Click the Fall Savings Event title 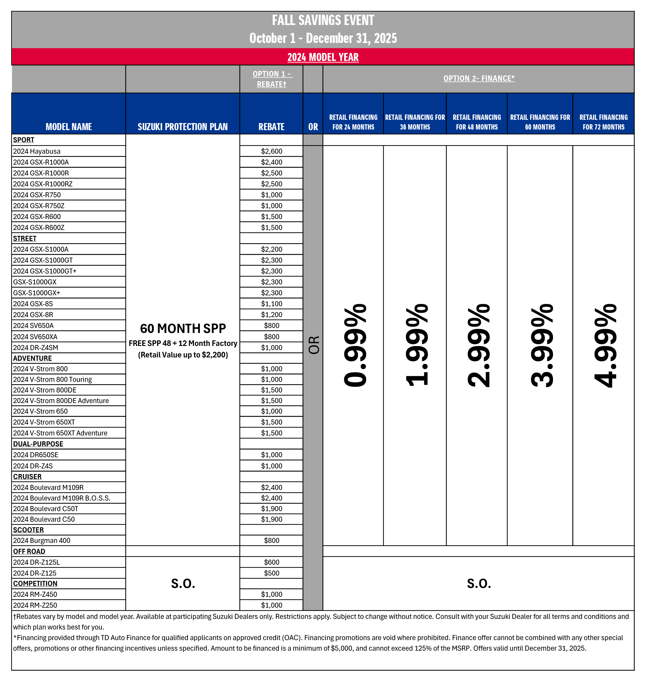323,21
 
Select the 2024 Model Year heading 323,57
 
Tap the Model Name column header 69,127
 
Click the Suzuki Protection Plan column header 183,127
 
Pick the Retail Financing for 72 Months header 603,122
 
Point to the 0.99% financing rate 355,345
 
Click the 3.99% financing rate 542,345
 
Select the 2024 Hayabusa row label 37,151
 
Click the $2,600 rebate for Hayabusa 271,151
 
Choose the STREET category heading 25,238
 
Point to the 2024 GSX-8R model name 33,314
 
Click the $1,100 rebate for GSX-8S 271,304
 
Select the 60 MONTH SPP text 183,328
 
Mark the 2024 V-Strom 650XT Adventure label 60,433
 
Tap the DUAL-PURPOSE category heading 38,444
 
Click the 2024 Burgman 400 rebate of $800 271,540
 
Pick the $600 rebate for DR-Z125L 271,562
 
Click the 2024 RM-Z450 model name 35,594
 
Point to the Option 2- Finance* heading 478,78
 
